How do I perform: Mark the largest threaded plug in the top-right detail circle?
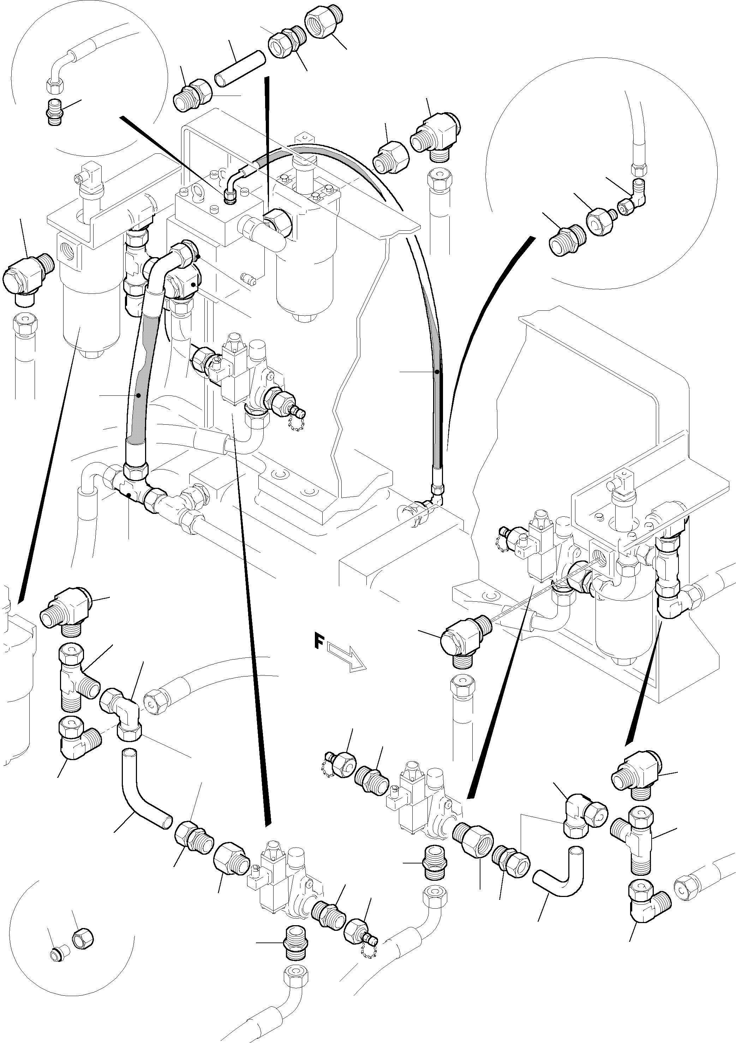click(564, 240)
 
